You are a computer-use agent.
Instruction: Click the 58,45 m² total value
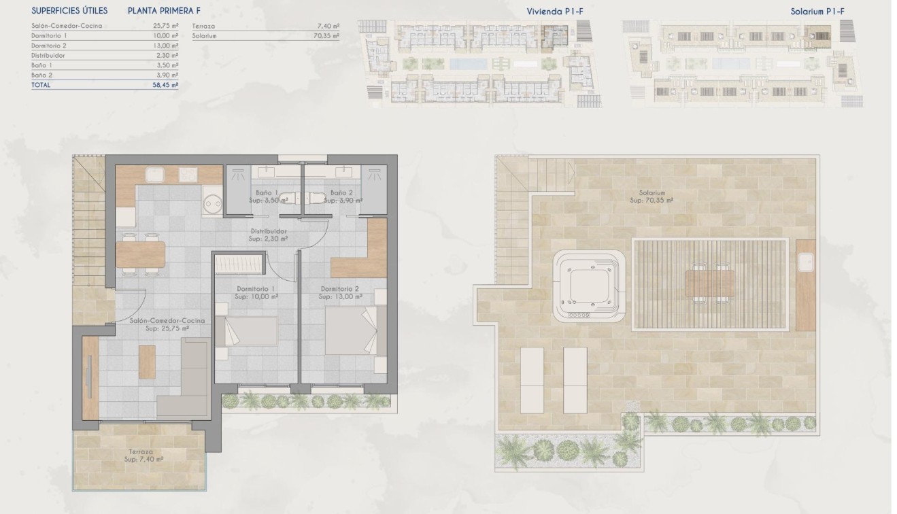[165, 85]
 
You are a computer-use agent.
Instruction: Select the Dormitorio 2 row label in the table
[49, 46]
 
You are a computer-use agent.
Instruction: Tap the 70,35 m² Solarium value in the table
[326, 35]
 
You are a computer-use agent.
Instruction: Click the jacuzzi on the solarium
[589, 286]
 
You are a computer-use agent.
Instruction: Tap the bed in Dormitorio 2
[350, 332]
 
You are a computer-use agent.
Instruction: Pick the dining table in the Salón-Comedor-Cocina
[141, 254]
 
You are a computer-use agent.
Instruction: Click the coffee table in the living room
[147, 362]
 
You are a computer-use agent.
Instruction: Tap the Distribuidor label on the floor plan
[268, 231]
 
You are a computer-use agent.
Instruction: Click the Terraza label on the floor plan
[141, 451]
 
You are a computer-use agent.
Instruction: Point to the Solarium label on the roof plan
[651, 193]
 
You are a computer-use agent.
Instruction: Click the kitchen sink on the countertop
[154, 175]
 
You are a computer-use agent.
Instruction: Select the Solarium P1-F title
[826, 11]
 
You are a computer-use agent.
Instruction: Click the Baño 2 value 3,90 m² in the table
[167, 75]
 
